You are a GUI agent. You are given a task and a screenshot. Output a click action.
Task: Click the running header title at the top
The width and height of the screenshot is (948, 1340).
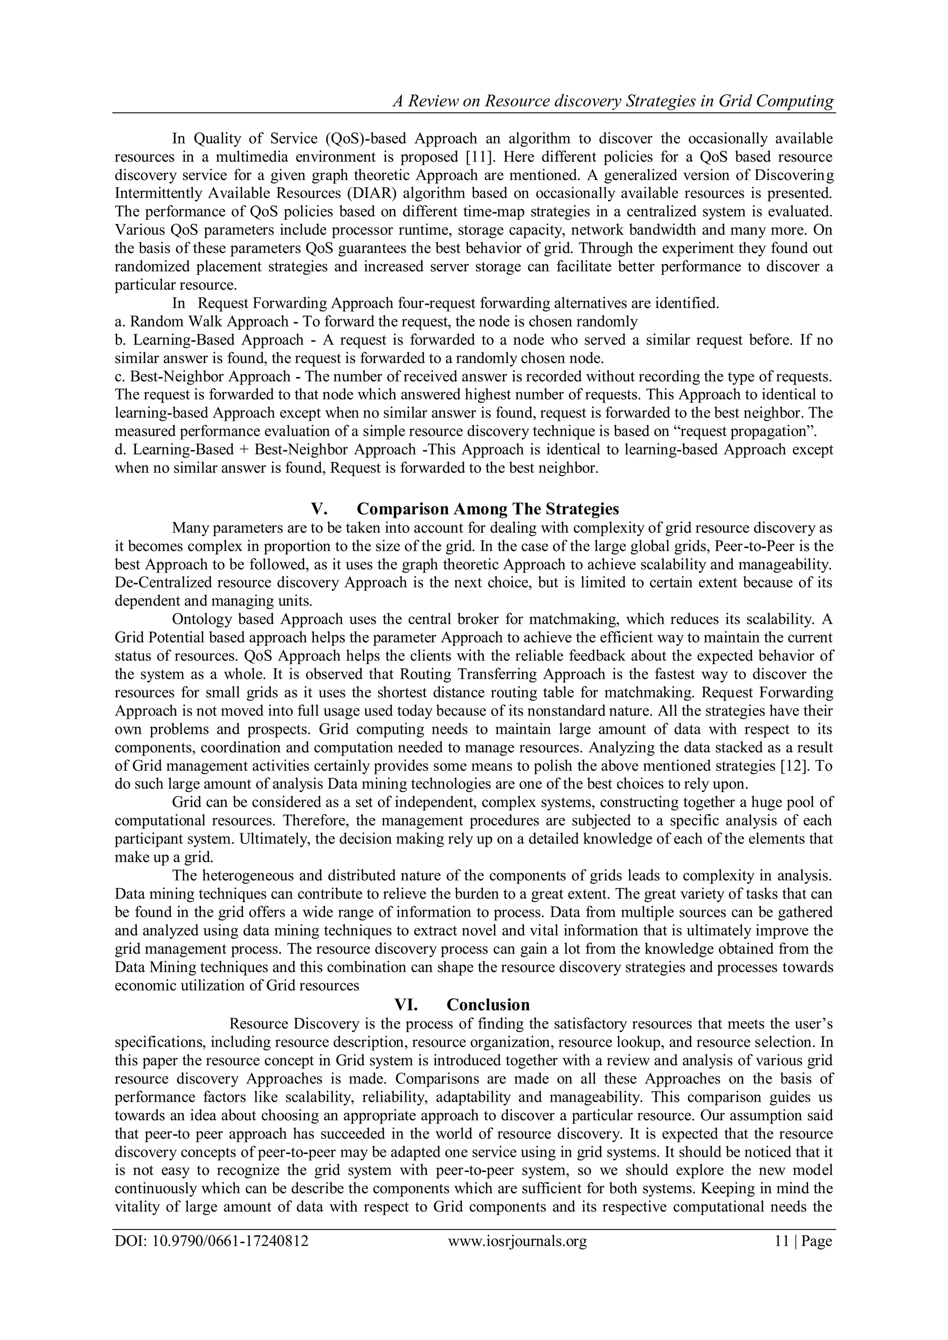613,101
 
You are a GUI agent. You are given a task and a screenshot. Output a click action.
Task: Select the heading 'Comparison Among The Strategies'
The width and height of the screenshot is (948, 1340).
487,509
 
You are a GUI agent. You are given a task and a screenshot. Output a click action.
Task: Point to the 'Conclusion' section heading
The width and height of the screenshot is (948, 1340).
488,1005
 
